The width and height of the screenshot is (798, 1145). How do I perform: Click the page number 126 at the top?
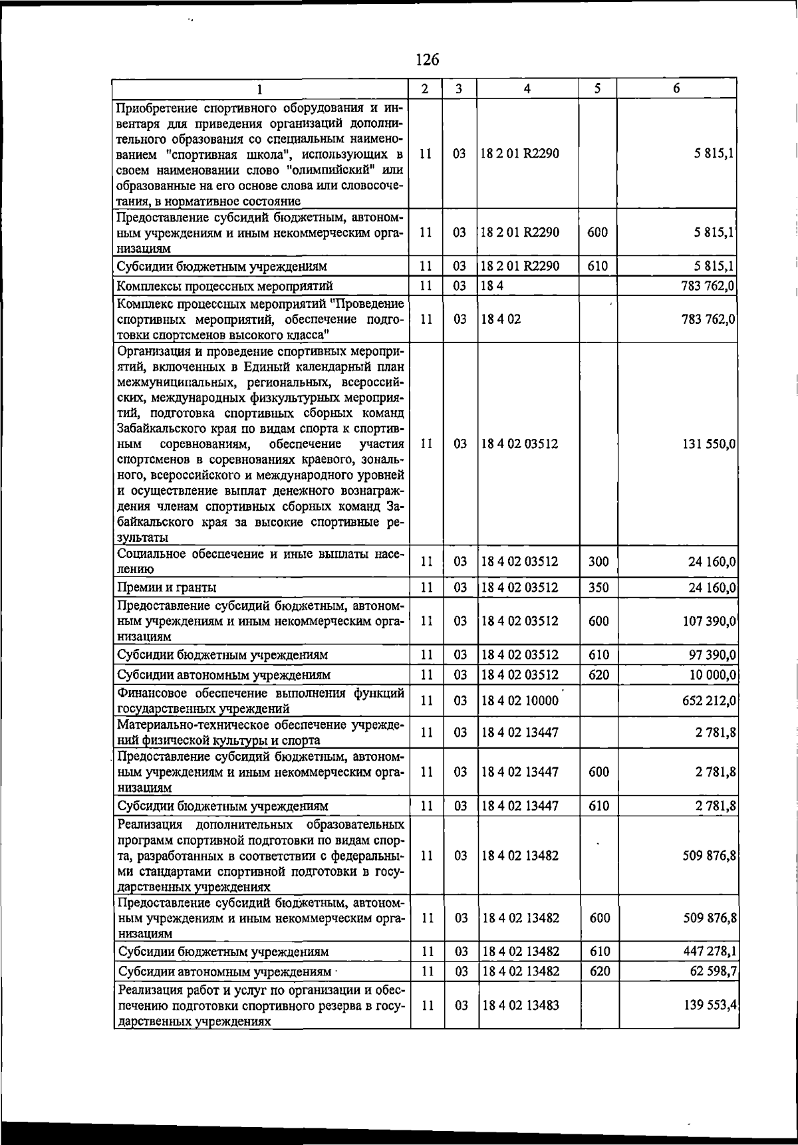[x=427, y=60]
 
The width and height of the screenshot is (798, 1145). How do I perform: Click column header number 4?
[x=527, y=88]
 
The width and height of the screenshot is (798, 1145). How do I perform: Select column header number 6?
[x=676, y=88]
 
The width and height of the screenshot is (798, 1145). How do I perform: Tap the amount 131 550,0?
[x=708, y=444]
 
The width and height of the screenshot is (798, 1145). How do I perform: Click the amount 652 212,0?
[x=708, y=701]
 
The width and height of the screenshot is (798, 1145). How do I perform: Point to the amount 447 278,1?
[x=710, y=952]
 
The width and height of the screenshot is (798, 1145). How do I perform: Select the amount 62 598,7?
[x=712, y=971]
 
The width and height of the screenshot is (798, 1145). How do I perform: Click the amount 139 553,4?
[x=710, y=1005]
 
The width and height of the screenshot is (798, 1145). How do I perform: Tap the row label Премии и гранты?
[x=167, y=588]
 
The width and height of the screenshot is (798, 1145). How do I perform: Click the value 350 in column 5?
[x=598, y=588]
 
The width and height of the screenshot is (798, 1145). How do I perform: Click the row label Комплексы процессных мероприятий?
[x=225, y=287]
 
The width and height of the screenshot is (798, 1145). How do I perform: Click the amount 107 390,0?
[x=708, y=621]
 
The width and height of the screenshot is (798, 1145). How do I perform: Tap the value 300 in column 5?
[x=598, y=562]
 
